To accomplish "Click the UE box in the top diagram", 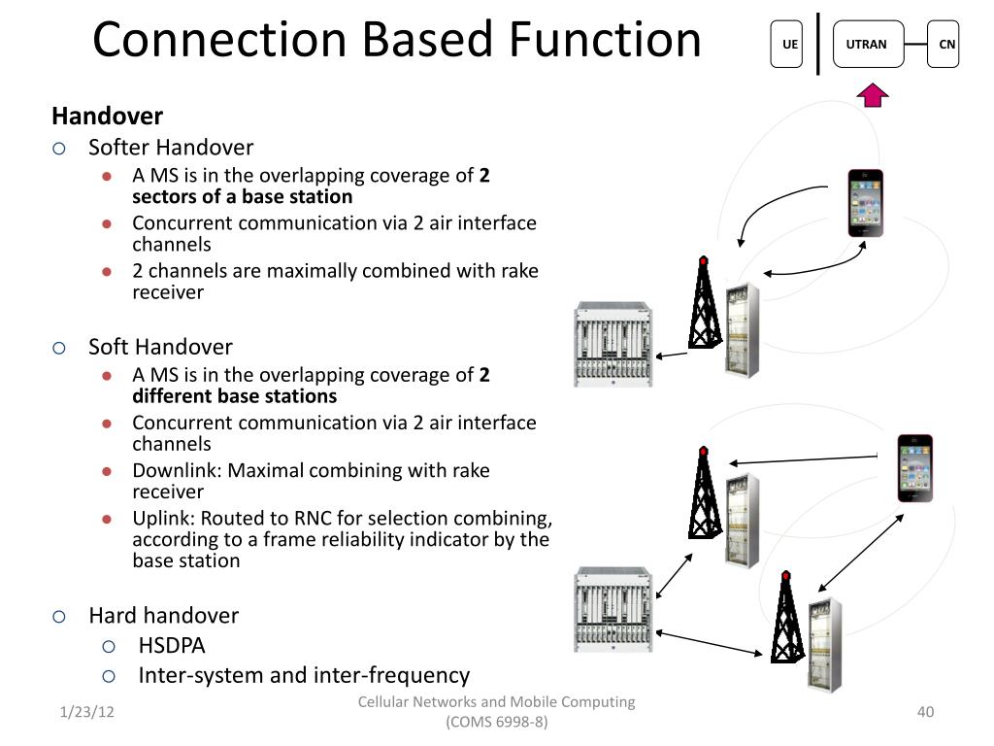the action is click(x=786, y=44).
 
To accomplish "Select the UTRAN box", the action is click(x=868, y=44).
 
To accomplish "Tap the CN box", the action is click(x=944, y=44).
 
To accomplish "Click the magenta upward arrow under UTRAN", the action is click(x=873, y=95).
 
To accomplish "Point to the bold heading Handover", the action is click(x=107, y=117).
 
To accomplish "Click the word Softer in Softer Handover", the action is click(x=119, y=148).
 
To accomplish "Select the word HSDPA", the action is click(x=172, y=646).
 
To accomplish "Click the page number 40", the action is click(x=925, y=712).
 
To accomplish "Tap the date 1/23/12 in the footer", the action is click(x=86, y=712).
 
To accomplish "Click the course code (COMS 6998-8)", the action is click(x=496, y=722).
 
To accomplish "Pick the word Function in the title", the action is click(x=605, y=39).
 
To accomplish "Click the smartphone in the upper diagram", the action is click(x=865, y=203).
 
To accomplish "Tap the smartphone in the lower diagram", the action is click(x=914, y=468).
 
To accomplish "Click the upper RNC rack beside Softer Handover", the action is click(x=613, y=345).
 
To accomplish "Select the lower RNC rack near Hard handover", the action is click(x=613, y=610).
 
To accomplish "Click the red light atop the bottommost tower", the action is click(x=786, y=576).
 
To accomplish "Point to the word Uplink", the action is click(x=163, y=519).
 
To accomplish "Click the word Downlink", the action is click(x=177, y=471).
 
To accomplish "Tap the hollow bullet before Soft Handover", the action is click(x=59, y=349).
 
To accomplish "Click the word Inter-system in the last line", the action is click(x=201, y=676).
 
